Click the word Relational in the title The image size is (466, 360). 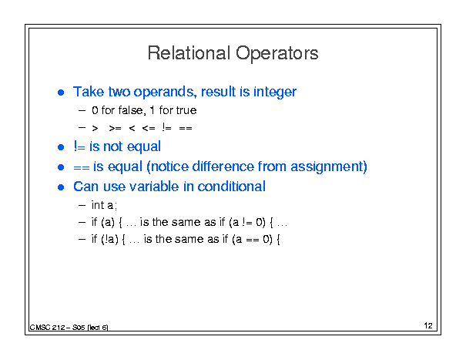tap(189, 53)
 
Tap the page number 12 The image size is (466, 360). tap(428, 325)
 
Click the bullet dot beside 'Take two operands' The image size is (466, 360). tap(61, 93)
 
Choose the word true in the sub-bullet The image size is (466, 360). tap(186, 110)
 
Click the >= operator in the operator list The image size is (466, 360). tap(115, 128)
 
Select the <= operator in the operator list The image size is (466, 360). tap(149, 128)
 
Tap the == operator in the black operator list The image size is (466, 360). tap(186, 128)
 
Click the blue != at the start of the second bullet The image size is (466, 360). tap(79, 146)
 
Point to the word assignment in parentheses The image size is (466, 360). tap(327, 167)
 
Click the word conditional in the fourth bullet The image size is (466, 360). tap(232, 187)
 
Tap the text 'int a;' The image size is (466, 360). tap(104, 205)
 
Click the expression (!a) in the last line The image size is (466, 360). tap(109, 239)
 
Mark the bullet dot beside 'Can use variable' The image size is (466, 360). tap(61, 187)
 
